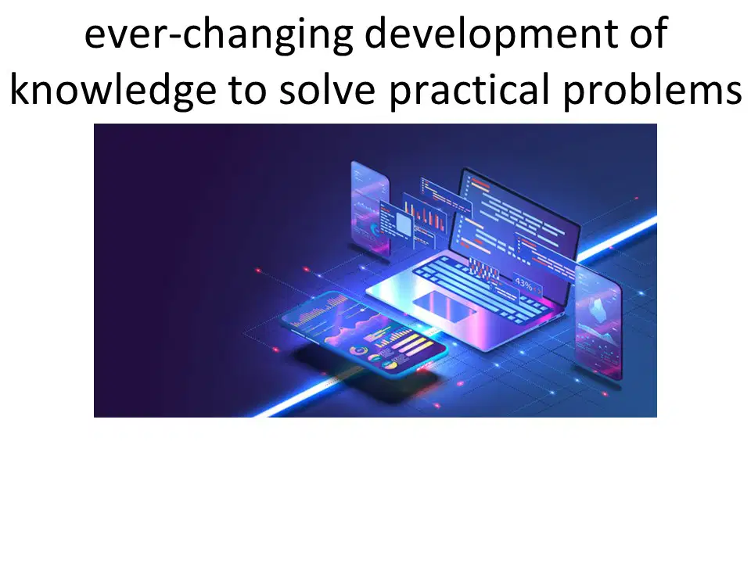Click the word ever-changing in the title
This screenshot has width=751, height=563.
(x=218, y=34)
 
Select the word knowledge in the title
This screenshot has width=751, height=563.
(x=113, y=90)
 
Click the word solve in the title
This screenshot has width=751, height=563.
(x=328, y=90)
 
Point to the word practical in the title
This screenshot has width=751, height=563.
(x=469, y=90)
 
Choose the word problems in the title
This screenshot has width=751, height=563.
(x=652, y=90)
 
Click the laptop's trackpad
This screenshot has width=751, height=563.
(x=444, y=306)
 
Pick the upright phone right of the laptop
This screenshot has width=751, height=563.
(x=598, y=323)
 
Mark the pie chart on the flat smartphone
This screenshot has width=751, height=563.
(x=359, y=351)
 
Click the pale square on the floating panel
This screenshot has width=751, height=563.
(x=404, y=224)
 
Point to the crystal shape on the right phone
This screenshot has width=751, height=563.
(x=597, y=309)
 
